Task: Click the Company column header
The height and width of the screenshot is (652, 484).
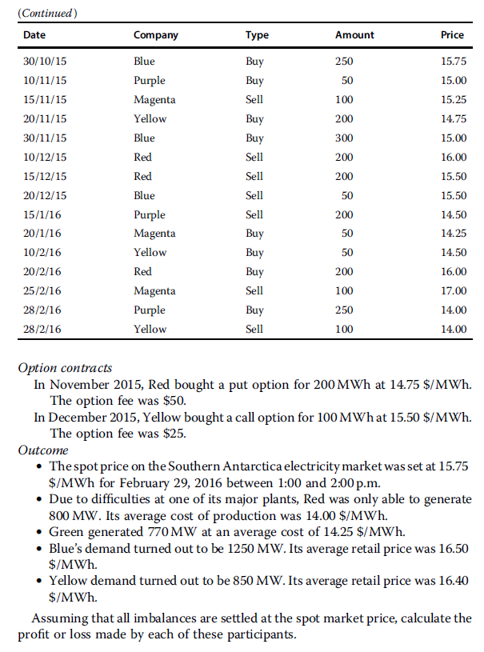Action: point(155,35)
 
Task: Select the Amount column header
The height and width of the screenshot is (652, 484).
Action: point(354,35)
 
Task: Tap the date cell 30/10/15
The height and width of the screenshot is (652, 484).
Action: point(45,62)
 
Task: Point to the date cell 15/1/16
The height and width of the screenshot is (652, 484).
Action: point(39,214)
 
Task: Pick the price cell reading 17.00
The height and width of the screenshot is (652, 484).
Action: point(454,290)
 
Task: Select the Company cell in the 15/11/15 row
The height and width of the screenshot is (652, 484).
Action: point(154,100)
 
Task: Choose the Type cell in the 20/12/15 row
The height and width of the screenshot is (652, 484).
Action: point(254,195)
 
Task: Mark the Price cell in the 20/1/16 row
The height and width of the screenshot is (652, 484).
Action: point(454,234)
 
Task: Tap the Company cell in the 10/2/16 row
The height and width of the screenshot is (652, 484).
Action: point(150,253)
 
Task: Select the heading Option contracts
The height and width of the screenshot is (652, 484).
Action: point(65,368)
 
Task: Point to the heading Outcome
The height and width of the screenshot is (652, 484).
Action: point(43,450)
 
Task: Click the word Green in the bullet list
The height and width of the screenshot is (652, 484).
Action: point(66,532)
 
